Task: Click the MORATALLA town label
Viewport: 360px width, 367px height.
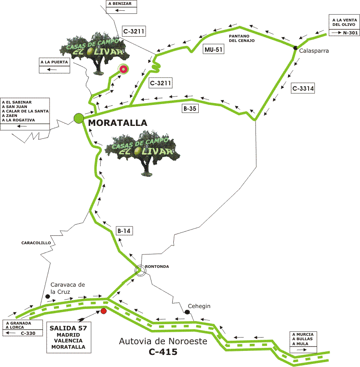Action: coord(117,122)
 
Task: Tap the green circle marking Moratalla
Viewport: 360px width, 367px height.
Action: coord(79,118)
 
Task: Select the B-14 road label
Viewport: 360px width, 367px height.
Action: coord(124,231)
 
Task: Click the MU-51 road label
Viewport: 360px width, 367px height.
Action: coord(213,49)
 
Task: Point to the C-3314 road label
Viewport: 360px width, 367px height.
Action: coord(303,89)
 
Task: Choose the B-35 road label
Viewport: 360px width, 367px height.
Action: coord(189,108)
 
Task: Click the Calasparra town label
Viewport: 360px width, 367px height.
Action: coord(314,51)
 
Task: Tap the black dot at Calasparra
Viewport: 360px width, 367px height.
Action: coord(296,48)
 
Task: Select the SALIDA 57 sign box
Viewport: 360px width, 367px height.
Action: coord(68,338)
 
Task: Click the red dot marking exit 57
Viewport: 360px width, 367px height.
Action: coord(104,311)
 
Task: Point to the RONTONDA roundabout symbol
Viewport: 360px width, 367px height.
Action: coord(140,270)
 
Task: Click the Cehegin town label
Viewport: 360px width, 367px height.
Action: coord(199,306)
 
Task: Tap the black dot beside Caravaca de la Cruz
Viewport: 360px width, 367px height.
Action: coord(48,296)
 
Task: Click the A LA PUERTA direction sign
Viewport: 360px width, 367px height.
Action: coord(55,66)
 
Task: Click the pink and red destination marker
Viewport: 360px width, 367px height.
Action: coord(123,69)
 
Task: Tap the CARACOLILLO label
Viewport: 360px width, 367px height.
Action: coord(36,243)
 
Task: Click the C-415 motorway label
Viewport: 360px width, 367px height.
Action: coord(163,352)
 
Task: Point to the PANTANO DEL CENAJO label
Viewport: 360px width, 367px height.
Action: coord(242,38)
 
